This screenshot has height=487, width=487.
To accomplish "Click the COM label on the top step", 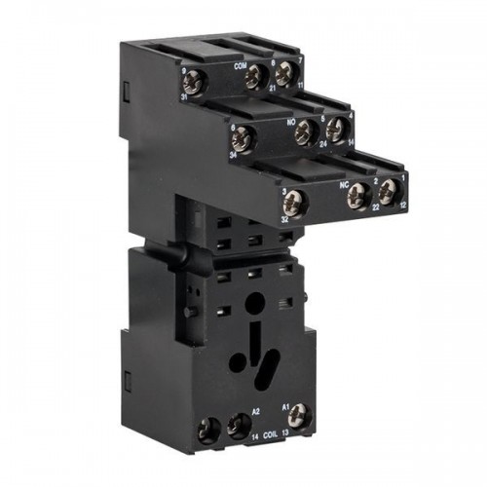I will pyautogui.click(x=240, y=65).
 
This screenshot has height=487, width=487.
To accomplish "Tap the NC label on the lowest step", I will pyautogui.click(x=344, y=180).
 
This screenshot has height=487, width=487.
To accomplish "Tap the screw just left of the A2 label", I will pyautogui.click(x=235, y=428).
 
